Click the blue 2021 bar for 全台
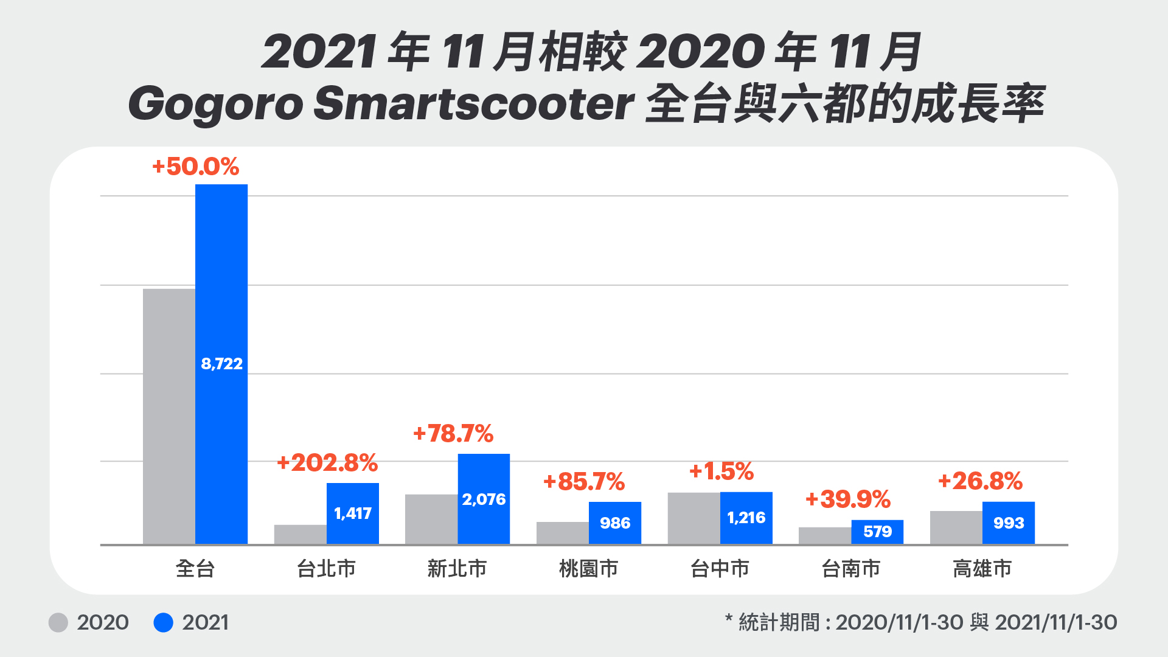pos(221,274)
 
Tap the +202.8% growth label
pos(327,463)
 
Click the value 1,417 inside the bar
pos(353,513)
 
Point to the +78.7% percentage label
pos(453,434)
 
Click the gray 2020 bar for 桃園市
pos(562,533)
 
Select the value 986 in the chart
pos(615,523)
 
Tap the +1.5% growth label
pos(721,471)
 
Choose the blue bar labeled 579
pos(877,532)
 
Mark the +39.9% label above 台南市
pos(848,499)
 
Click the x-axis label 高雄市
pos(982,569)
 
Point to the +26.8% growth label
pos(980,481)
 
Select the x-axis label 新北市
pos(457,569)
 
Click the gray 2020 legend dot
pos(58,622)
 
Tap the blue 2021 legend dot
pos(163,622)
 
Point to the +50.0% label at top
pos(195,167)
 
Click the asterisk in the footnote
pos(729,619)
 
